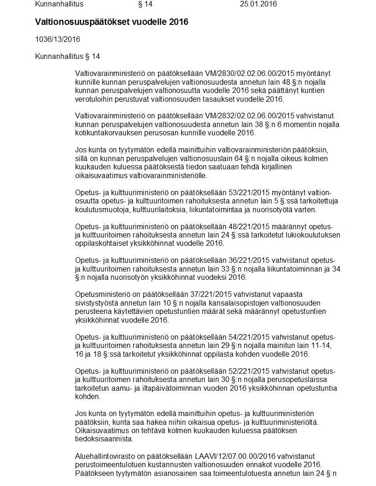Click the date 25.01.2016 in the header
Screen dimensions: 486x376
click(x=258, y=5)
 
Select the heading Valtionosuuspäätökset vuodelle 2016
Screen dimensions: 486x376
click(x=112, y=22)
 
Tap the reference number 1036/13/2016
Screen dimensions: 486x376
click(x=58, y=40)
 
